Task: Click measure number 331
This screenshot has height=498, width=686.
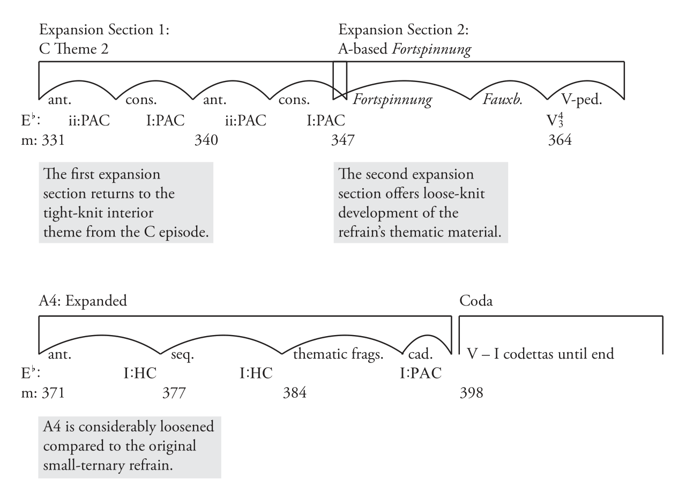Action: [53, 140]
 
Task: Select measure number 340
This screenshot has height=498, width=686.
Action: [206, 140]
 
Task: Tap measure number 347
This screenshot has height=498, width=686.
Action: [342, 140]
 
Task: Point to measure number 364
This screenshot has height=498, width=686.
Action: [560, 140]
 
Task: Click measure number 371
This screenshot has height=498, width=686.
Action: [53, 392]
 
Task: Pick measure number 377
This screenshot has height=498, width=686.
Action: [174, 392]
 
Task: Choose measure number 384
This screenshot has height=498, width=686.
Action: [295, 392]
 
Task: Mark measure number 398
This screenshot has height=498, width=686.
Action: [471, 392]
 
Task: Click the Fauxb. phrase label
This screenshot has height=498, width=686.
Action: [503, 100]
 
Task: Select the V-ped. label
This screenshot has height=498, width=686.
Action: [581, 100]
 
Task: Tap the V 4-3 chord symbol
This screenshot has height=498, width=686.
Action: [555, 120]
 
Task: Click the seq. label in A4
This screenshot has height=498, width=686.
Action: [183, 355]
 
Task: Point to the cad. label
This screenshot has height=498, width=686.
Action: [421, 354]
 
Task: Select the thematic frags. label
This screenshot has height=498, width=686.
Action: [338, 354]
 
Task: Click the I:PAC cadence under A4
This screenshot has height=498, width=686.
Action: [421, 373]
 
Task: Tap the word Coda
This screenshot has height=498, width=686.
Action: [476, 301]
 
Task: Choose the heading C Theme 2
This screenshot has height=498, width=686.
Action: [73, 49]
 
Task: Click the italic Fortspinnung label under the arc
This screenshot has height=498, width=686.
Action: [392, 100]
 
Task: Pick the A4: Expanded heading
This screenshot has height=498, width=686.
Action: [83, 301]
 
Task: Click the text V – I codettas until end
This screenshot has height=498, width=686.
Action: [541, 354]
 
